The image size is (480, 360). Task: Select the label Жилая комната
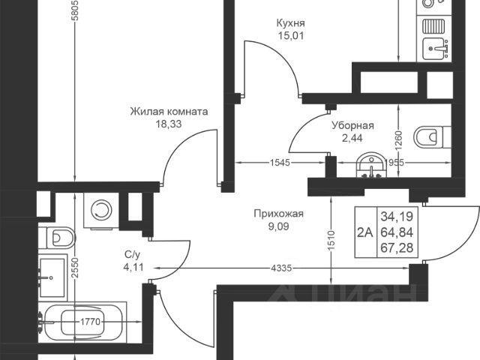point(169,112)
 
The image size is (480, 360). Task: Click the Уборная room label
point(352,127)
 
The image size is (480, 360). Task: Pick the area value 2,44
point(352,139)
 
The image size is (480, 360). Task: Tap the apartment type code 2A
point(365,232)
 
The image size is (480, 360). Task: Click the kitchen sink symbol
point(435,49)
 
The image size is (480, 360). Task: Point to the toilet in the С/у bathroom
point(60,238)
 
